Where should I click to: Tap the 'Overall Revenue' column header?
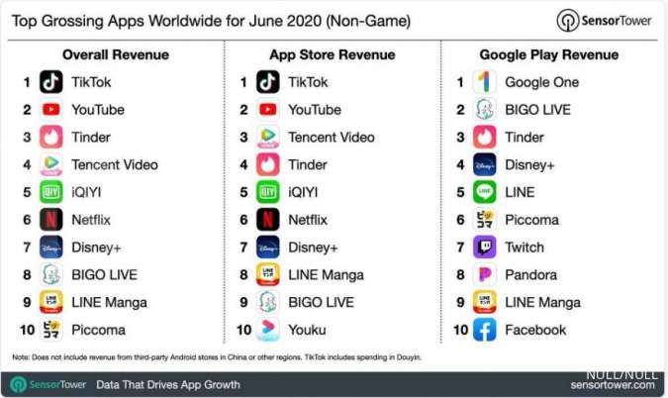pos(115,54)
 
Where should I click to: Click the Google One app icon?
pos(485,82)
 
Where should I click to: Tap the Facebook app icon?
pos(485,330)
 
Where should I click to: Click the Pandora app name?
pos(530,275)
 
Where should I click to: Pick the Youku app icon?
pos(268,330)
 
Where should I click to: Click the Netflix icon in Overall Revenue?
pos(51,220)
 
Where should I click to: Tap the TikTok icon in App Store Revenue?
pos(268,82)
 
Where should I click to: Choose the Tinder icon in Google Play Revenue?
pos(485,138)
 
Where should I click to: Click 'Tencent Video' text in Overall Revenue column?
pos(115,165)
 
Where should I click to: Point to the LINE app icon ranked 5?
pos(485,192)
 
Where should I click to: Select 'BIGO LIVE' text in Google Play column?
pos(537,110)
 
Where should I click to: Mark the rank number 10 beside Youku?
pos(242,330)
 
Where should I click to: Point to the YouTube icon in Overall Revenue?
pos(51,110)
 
